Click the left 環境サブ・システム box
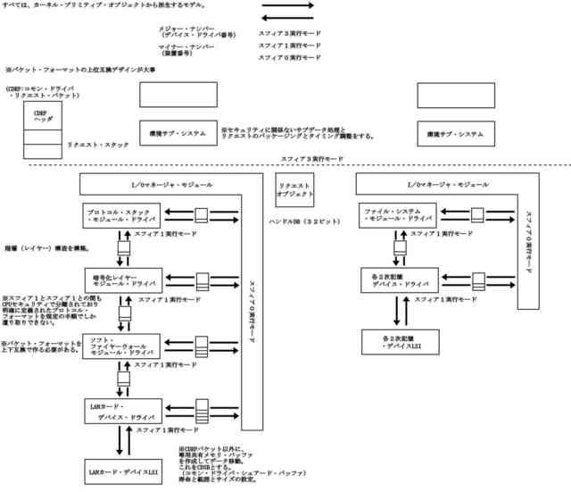pos(178,133)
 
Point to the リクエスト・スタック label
pos(98,144)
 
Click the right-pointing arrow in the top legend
pos(287,6)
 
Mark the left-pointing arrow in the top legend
pos(287,17)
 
